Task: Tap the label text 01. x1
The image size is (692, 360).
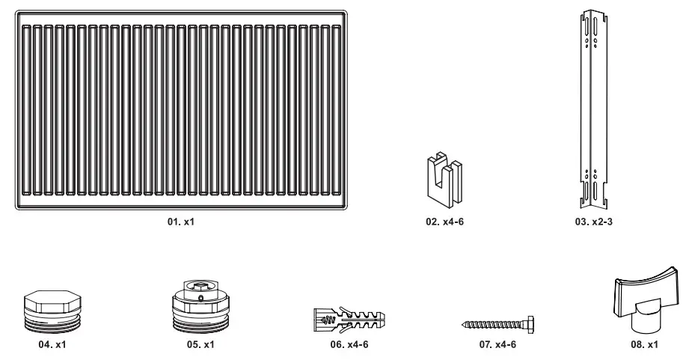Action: click(x=183, y=222)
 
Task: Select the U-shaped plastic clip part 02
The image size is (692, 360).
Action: click(x=444, y=180)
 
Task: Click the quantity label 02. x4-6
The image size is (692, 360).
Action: click(x=445, y=222)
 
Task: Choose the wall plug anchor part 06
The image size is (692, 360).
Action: click(x=349, y=320)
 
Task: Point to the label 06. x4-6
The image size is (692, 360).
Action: click(x=349, y=345)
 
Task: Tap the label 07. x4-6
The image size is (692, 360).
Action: click(x=497, y=345)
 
